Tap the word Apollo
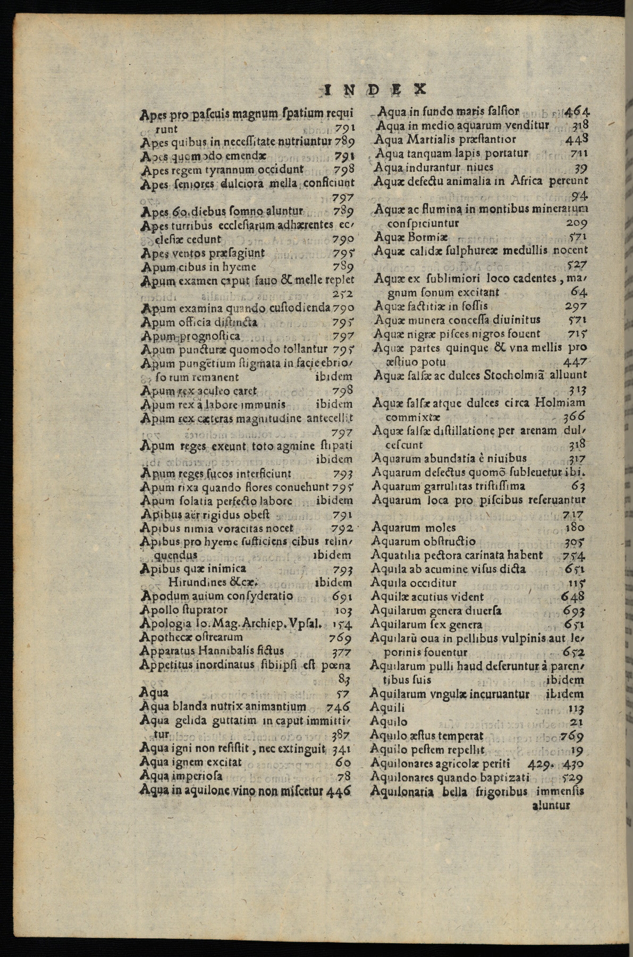click(x=158, y=610)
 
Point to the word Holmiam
click(x=561, y=403)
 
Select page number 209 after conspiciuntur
click(x=577, y=223)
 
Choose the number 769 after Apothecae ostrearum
click(x=340, y=637)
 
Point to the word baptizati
click(x=505, y=777)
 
